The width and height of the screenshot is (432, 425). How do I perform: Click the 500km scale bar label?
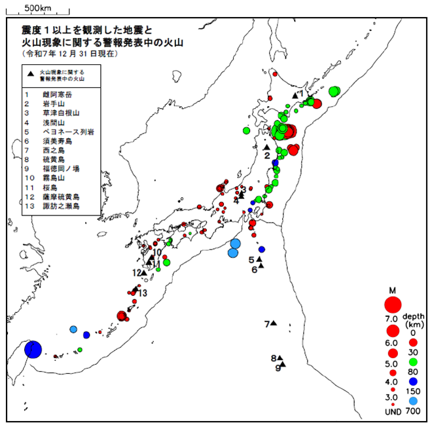point(39,7)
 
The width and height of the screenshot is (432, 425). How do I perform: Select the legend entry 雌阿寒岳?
point(56,95)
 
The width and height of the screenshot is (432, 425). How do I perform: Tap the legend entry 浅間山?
point(52,122)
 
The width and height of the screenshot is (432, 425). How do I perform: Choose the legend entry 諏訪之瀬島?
point(60,206)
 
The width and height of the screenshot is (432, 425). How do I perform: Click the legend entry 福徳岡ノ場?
point(60,168)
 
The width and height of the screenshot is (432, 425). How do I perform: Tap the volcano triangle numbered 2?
point(266,147)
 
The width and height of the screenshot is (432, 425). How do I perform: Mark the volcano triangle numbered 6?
point(260,265)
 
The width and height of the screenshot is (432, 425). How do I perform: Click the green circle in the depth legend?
point(414,361)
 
